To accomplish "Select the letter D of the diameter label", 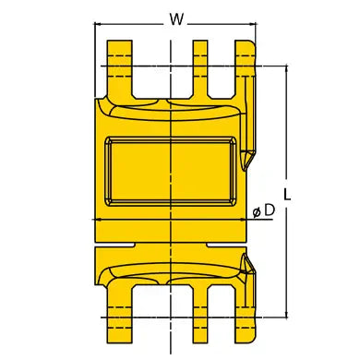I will (x=270, y=210).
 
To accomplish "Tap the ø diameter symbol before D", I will (x=257, y=211).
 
